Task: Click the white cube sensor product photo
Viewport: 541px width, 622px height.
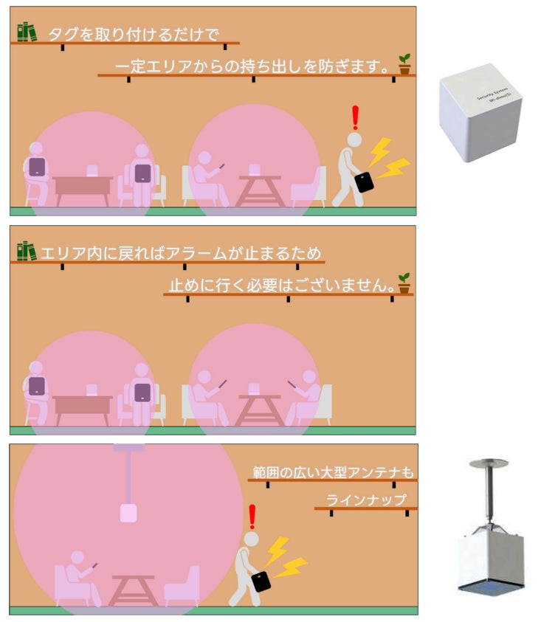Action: coord(480,113)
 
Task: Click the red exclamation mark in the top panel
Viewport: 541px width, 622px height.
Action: coord(355,118)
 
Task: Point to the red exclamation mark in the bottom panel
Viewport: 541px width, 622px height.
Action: coord(252,517)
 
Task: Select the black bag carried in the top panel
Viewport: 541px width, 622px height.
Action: coord(364,182)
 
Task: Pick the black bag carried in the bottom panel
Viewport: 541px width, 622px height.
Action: coord(261,581)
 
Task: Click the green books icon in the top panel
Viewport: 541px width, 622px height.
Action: coord(27,32)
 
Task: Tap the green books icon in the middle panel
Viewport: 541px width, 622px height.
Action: coord(27,251)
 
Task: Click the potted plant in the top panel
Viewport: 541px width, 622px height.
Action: coord(404,64)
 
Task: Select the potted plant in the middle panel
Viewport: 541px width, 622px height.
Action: coord(404,283)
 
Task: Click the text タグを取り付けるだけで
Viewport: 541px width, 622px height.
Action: coord(134,35)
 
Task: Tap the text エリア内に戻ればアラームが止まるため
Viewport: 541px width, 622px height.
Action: coord(181,253)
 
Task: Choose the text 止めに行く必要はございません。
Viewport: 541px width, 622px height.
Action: coord(282,286)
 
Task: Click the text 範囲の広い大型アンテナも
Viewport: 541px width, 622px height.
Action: coord(334,472)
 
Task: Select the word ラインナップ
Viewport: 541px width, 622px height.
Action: coord(366,500)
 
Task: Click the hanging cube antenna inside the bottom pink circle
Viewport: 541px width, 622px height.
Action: coord(128,513)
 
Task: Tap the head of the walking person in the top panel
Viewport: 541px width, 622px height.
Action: coord(354,140)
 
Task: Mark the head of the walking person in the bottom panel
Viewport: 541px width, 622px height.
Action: coord(251,539)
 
